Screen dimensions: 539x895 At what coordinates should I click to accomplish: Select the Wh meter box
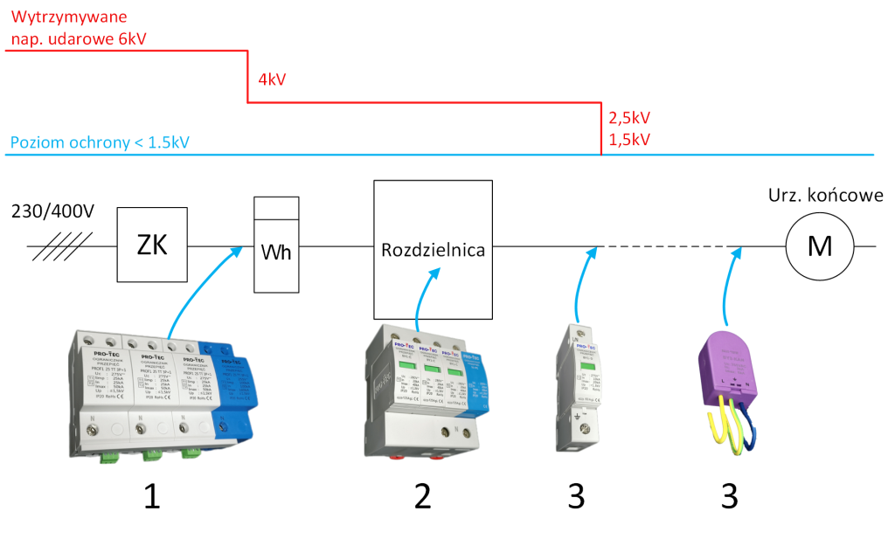[276, 253]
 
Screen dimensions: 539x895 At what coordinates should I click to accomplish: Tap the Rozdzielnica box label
[433, 250]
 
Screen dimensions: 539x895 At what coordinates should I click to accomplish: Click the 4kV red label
[273, 80]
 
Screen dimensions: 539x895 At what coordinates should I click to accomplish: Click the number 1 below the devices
[151, 495]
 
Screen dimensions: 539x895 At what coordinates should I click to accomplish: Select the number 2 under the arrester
[423, 495]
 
